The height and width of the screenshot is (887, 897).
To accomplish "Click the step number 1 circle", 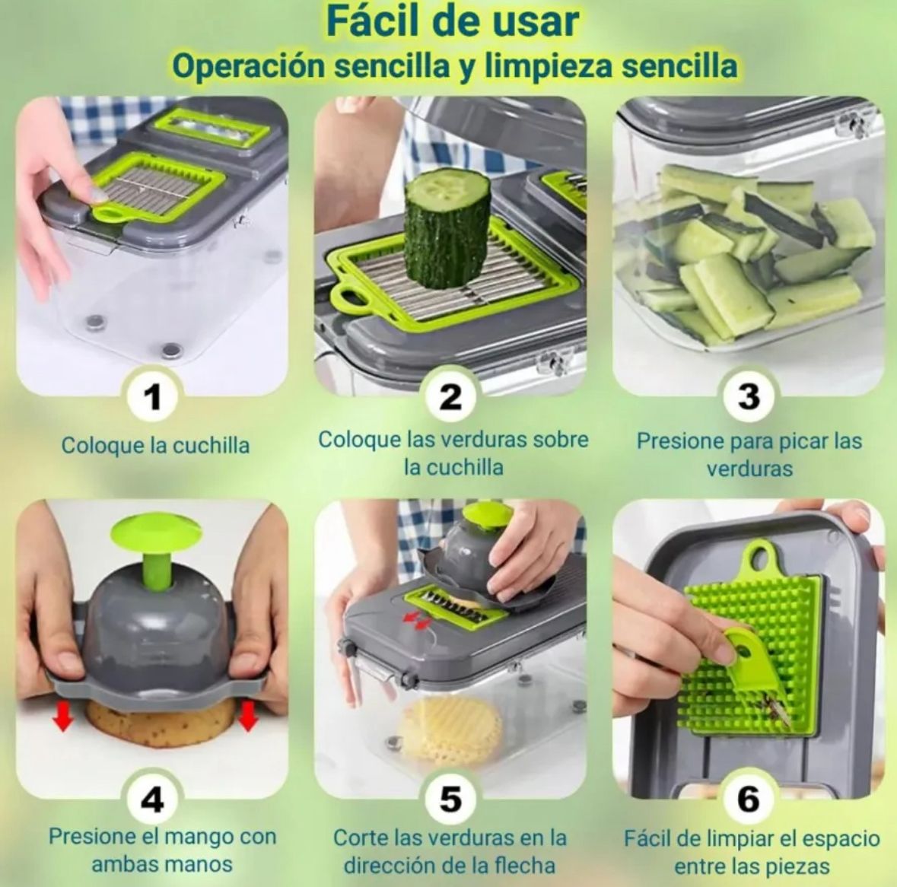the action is pos(151,396).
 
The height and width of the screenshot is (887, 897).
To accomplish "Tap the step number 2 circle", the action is pos(450,396).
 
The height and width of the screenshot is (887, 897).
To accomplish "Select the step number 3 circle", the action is pos(749,396).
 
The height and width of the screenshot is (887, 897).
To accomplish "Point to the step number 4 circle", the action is pos(151,798).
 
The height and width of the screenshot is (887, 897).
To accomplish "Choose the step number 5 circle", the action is pos(450,798).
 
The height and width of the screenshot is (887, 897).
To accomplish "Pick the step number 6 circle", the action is pos(749,798).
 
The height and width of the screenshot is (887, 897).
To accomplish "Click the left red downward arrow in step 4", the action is pos(63,716).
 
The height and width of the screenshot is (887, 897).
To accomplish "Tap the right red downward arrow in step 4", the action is pos(247,716).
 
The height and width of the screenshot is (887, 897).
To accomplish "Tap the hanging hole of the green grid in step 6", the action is pos(762,555).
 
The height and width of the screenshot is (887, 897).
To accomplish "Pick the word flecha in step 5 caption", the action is pos(526,864).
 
